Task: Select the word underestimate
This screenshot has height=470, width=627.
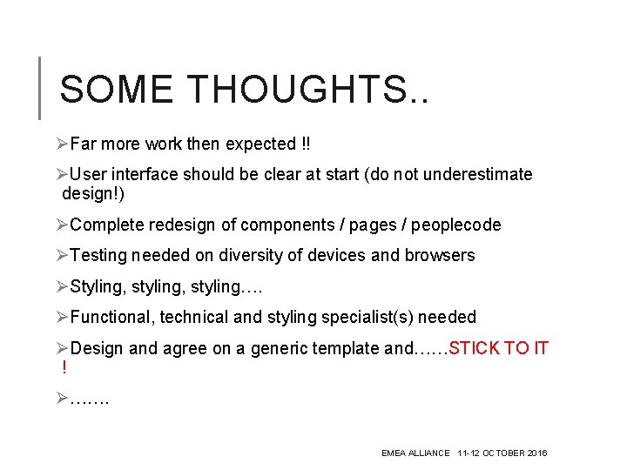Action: (477, 174)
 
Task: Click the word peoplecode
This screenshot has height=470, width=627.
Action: (456, 225)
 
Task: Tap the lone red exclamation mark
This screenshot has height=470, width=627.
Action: (64, 367)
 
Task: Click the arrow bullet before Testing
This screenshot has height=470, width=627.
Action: (62, 255)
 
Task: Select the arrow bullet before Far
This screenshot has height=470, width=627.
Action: (62, 144)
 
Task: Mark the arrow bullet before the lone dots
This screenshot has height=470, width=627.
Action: (62, 399)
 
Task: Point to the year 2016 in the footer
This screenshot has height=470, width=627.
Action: (536, 453)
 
